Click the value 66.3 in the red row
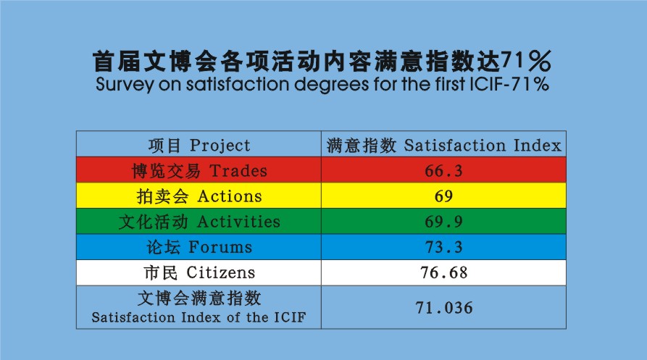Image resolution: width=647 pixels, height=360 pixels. [443, 171]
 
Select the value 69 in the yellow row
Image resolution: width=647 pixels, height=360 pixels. [443, 196]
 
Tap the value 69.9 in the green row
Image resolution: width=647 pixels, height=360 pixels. [443, 222]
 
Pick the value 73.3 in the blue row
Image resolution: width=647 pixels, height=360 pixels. [443, 248]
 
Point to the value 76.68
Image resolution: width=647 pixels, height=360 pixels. [443, 272]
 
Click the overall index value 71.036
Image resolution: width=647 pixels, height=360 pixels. [444, 308]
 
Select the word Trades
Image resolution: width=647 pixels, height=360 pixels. [238, 171]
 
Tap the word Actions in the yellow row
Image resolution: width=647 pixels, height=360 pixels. [230, 196]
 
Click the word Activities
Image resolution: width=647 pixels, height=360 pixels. [238, 222]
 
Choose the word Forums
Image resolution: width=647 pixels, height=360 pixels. [220, 248]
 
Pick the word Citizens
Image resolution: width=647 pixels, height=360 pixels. [221, 272]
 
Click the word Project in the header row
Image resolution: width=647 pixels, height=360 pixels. [220, 146]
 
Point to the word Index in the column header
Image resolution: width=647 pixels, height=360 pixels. [538, 145]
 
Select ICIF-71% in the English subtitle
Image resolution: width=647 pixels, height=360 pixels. [509, 84]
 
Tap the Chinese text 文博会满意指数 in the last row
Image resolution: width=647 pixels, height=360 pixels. [199, 298]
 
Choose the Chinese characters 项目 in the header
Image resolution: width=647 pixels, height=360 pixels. [164, 146]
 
